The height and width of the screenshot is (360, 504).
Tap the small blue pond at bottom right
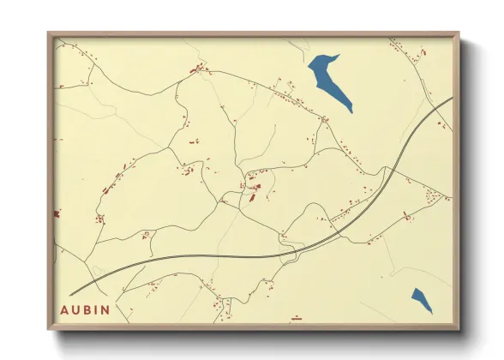[x=421, y=299]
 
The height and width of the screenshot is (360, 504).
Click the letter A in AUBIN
[x=66, y=309]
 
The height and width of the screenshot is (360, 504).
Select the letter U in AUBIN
[x=78, y=309]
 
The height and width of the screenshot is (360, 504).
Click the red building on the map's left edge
[x=57, y=213]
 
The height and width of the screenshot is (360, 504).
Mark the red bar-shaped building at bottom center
[x=297, y=317]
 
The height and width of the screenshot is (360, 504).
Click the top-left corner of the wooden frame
[x=48, y=33]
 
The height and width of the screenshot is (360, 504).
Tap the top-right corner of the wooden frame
[x=459, y=33]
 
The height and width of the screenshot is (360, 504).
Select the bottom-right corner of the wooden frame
[x=459, y=330]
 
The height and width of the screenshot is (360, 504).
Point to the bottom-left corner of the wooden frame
[x=48, y=330]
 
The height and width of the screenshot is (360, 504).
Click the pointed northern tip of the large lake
[x=338, y=56]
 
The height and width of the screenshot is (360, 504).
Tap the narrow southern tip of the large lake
[x=351, y=113]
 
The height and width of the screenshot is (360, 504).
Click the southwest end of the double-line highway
[x=70, y=293]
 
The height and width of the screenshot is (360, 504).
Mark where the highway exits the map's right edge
[x=452, y=98]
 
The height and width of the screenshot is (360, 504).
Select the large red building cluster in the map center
[x=255, y=187]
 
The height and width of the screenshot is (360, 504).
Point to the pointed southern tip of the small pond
[x=431, y=313]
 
